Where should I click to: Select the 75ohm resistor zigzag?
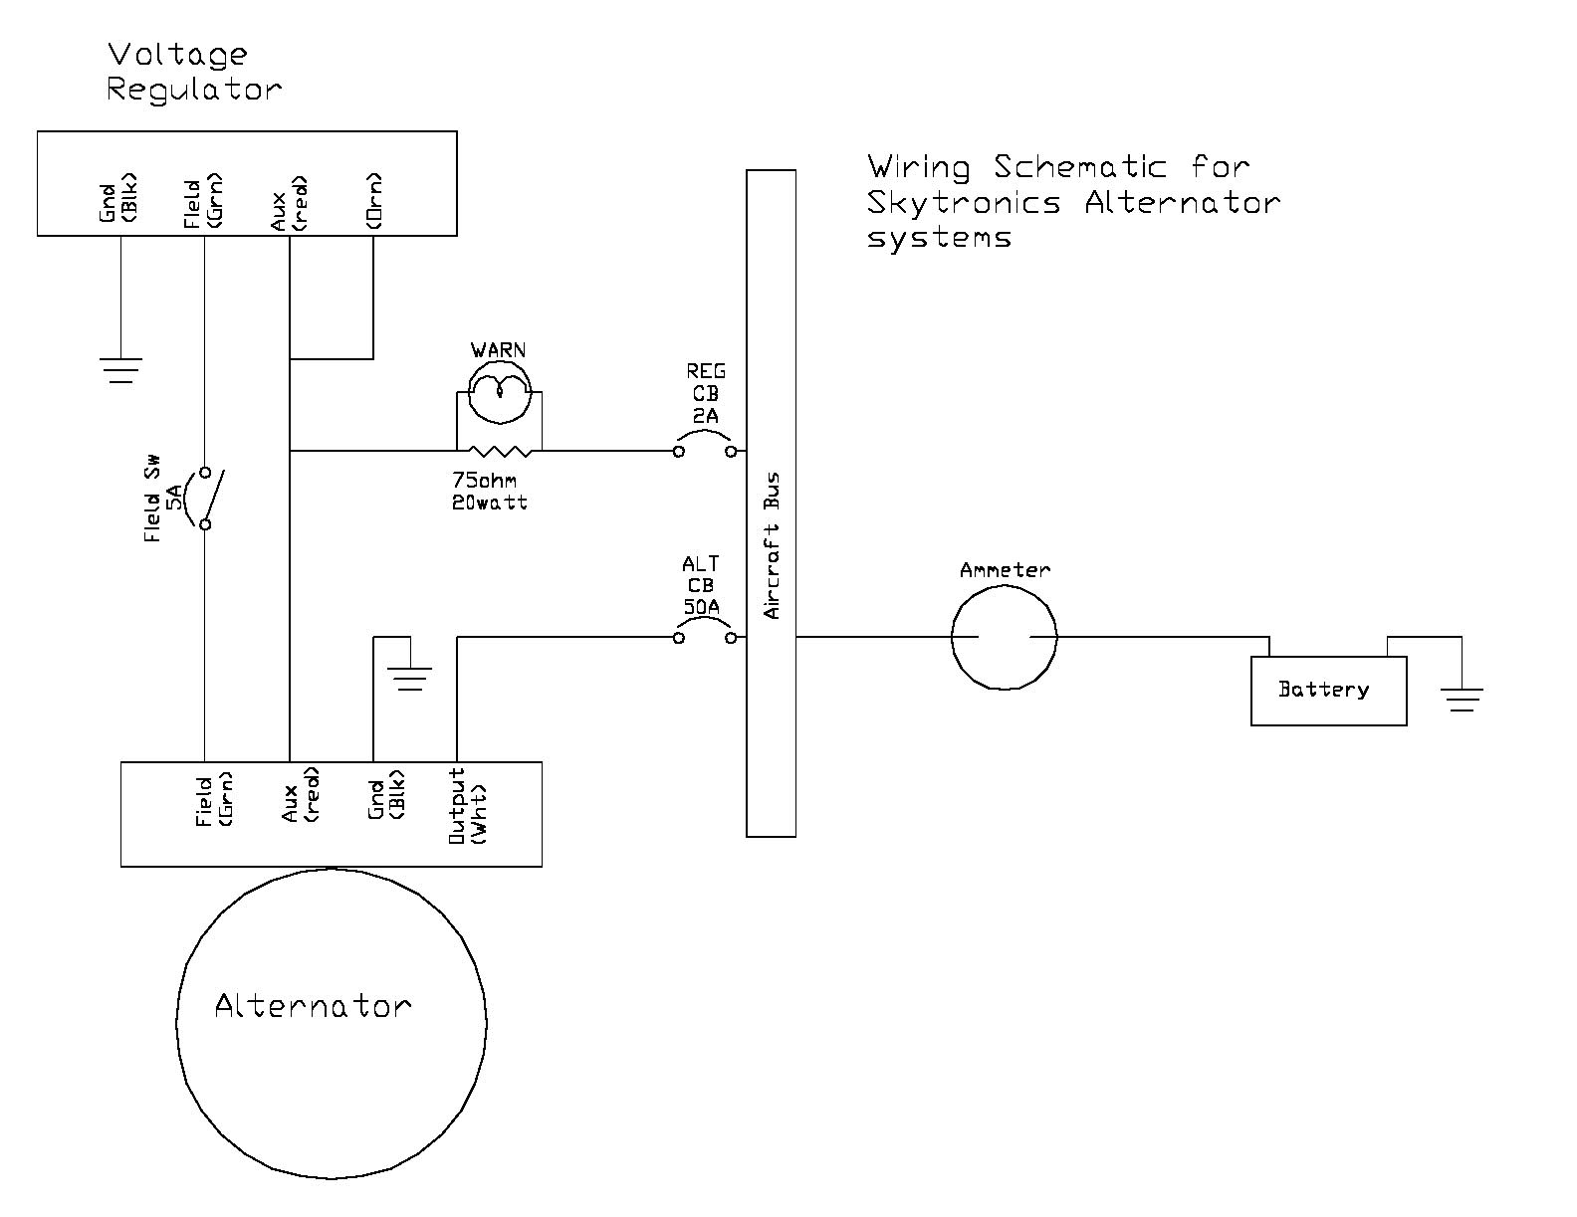click(500, 451)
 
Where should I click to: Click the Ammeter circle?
click(1004, 637)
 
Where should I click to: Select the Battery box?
click(1328, 690)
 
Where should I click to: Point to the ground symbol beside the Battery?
click(1462, 699)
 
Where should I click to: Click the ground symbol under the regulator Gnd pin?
click(120, 370)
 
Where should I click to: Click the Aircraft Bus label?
click(772, 545)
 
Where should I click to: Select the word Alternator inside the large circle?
click(313, 1006)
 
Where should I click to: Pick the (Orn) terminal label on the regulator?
click(373, 202)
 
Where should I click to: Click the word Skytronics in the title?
click(963, 203)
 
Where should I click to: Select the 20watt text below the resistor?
click(489, 503)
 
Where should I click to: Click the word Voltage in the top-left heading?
click(178, 55)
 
